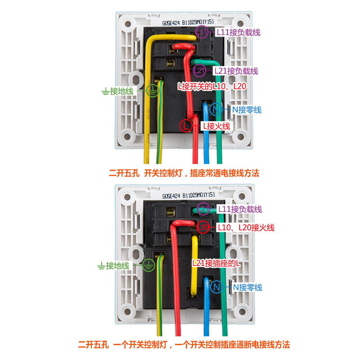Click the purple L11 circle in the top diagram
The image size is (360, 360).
click(x=202, y=32)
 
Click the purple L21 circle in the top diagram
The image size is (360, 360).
click(x=200, y=71)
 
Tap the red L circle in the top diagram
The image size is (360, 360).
click(x=186, y=126)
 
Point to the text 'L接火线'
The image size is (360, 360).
click(x=216, y=126)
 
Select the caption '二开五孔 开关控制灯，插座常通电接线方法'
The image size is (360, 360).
click(x=184, y=173)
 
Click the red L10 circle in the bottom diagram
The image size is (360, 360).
click(x=203, y=228)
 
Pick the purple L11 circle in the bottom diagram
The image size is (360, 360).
click(x=203, y=209)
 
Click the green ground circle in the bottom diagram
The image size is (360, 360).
click(x=148, y=265)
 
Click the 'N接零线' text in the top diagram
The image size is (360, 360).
click(x=247, y=109)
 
